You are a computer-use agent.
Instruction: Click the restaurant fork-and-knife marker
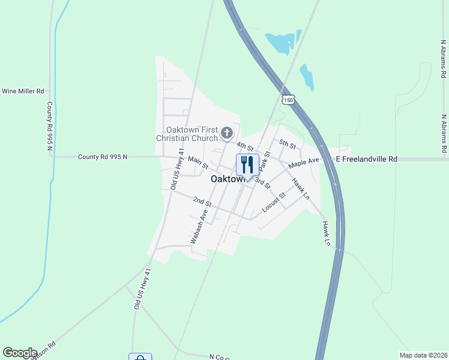pyautogui.click(x=247, y=164)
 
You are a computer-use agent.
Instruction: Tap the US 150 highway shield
pyautogui.click(x=289, y=101)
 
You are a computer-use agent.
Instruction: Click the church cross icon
pyautogui.click(x=226, y=133)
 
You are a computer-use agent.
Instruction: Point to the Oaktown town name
pyautogui.click(x=227, y=179)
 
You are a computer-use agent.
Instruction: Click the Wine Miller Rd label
pyautogui.click(x=23, y=91)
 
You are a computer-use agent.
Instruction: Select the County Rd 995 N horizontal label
pyautogui.click(x=103, y=157)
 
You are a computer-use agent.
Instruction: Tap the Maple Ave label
pyautogui.click(x=303, y=163)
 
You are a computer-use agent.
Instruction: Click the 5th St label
pyautogui.click(x=288, y=144)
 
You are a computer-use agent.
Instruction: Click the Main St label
pyautogui.click(x=197, y=161)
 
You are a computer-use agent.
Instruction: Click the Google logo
pyautogui.click(x=20, y=353)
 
